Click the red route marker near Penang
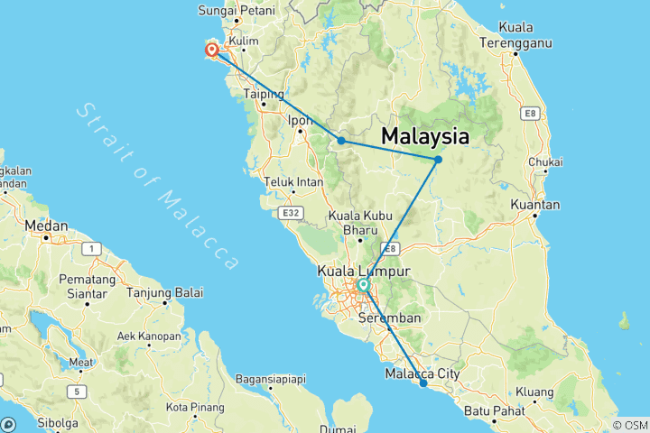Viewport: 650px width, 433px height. [x=211, y=51]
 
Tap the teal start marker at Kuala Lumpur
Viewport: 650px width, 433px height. [x=363, y=286]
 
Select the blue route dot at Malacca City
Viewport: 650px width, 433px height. [x=423, y=383]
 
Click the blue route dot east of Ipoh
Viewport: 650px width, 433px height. [x=341, y=141]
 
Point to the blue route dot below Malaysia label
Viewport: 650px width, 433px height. [x=438, y=160]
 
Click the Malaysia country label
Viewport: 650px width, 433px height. [x=425, y=137]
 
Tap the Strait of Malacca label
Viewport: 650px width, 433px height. [x=157, y=185]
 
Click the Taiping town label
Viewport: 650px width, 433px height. [x=265, y=94]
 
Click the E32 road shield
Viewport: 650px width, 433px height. [x=290, y=213]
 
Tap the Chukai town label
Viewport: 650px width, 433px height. [x=547, y=162]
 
